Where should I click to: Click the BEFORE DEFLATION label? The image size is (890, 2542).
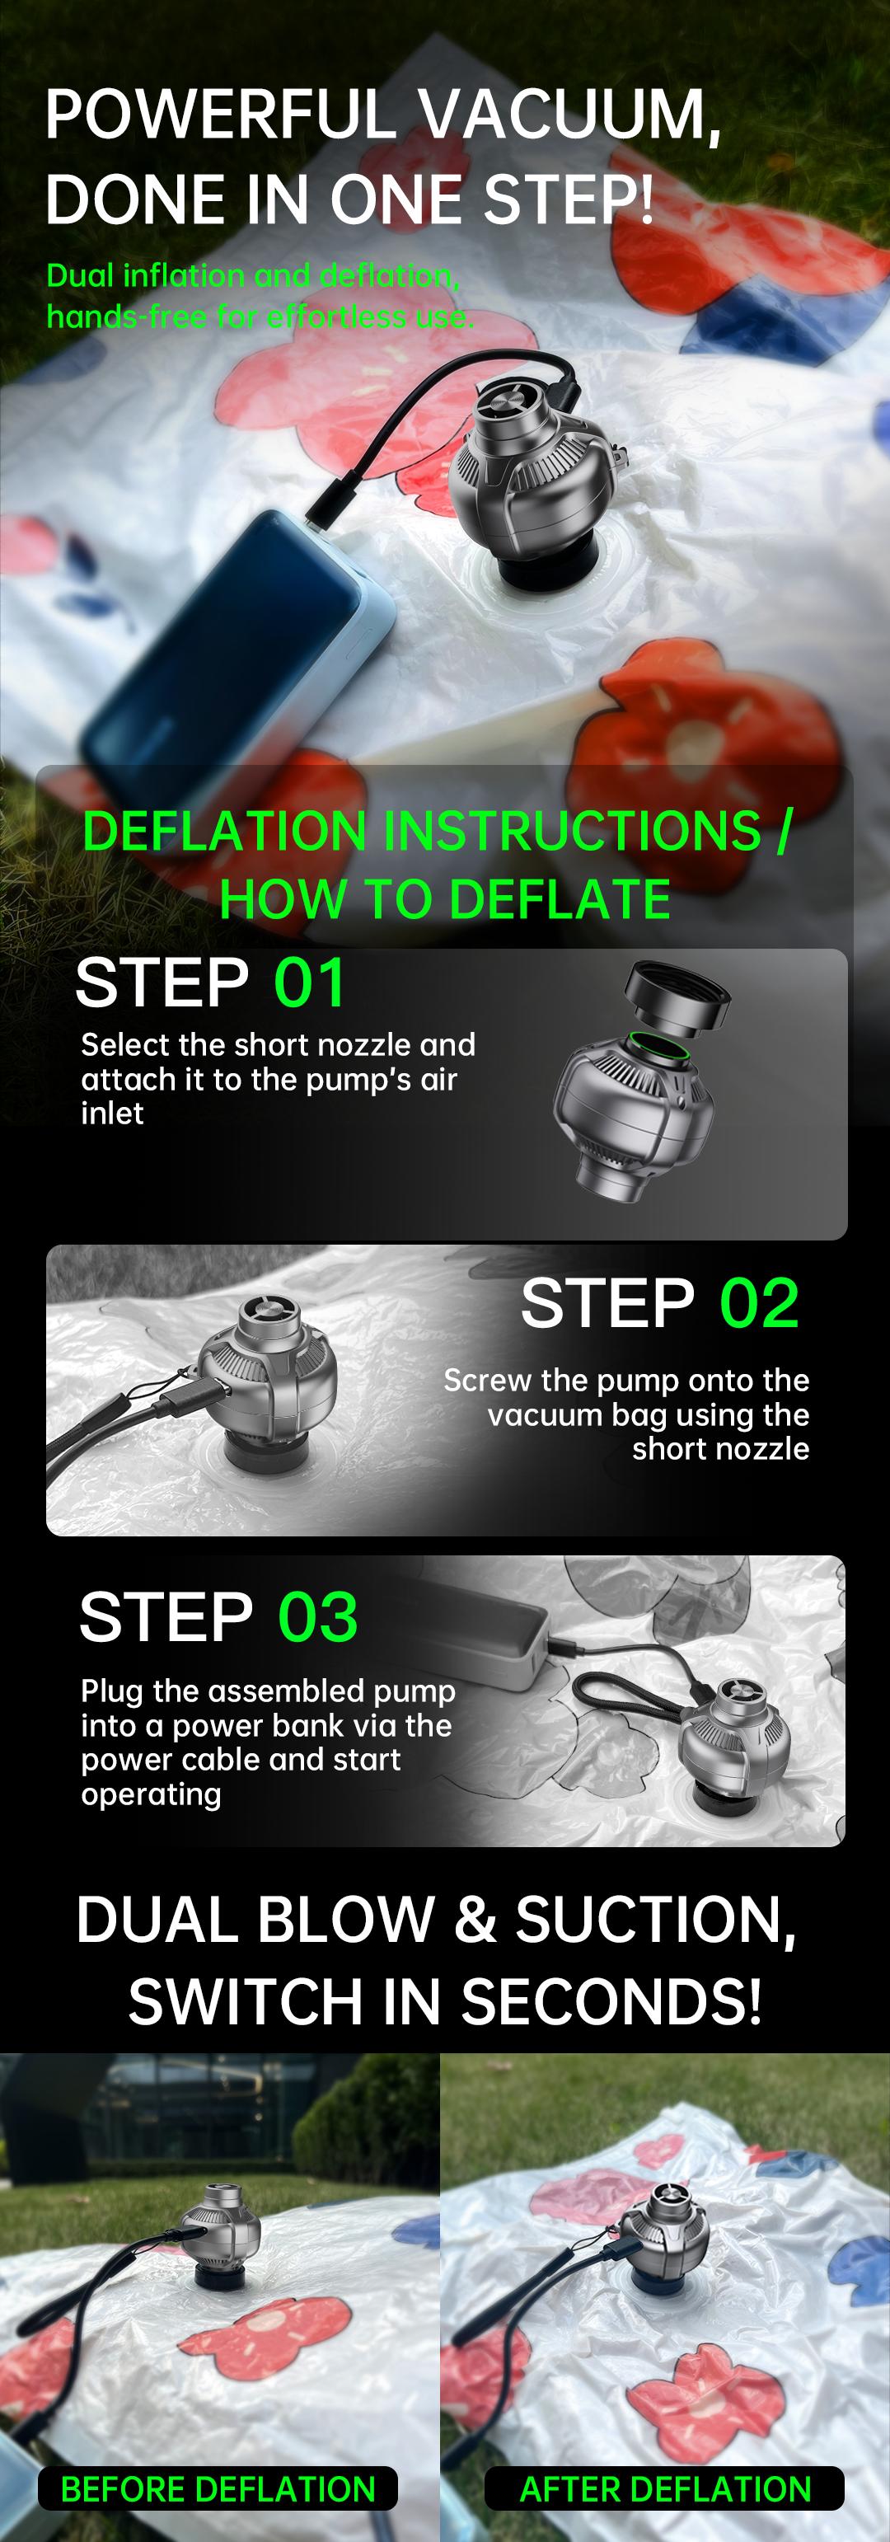(218, 2488)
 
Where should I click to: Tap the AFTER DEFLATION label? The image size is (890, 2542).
(665, 2488)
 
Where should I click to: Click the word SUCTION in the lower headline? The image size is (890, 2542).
(654, 1921)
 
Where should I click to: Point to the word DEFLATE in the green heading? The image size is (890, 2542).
(557, 899)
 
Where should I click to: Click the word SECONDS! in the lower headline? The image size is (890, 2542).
(611, 2002)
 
